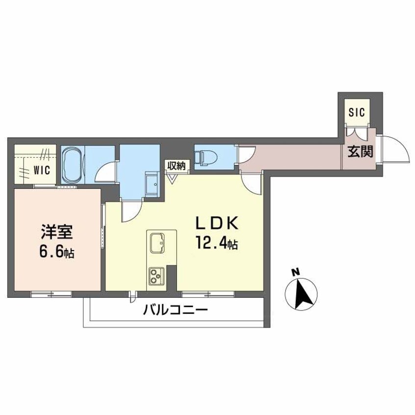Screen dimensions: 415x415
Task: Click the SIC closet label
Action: (357, 112)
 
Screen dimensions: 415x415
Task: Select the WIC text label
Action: (41, 170)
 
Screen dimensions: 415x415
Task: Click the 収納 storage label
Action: (176, 166)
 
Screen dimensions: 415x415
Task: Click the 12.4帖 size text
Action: (217, 243)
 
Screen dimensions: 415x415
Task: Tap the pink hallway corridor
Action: (294, 156)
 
